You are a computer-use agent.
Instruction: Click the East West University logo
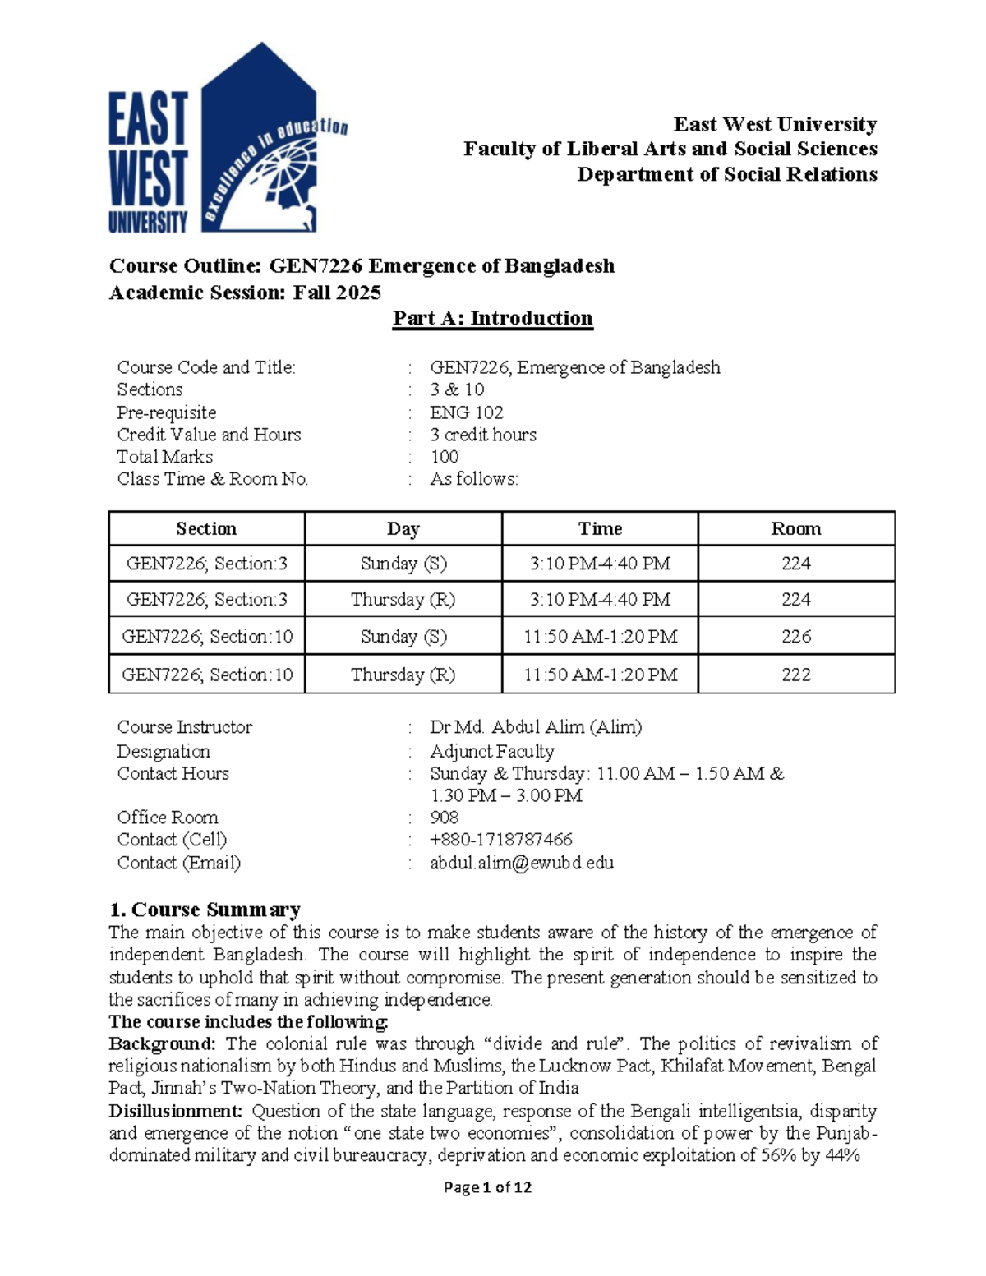[228, 140]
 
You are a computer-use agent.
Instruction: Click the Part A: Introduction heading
[492, 318]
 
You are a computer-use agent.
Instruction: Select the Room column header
[795, 528]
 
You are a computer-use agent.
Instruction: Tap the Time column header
[600, 528]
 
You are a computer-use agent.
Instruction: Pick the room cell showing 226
[795, 636]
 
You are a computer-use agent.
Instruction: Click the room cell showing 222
[795, 675]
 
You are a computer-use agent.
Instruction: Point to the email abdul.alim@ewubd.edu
[522, 863]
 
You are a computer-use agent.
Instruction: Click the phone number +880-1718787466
[501, 840]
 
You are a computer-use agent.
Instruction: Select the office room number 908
[445, 818]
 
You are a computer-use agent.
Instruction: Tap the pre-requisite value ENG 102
[467, 412]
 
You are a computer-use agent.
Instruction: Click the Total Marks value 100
[445, 457]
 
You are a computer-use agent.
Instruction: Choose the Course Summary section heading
[205, 910]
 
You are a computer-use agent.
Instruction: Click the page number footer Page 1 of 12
[487, 1187]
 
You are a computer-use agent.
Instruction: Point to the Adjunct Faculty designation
[492, 751]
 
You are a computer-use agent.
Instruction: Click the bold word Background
[162, 1044]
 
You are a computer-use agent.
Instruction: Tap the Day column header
[403, 528]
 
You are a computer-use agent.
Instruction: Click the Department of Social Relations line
[726, 174]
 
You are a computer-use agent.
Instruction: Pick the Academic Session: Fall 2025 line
[245, 293]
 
